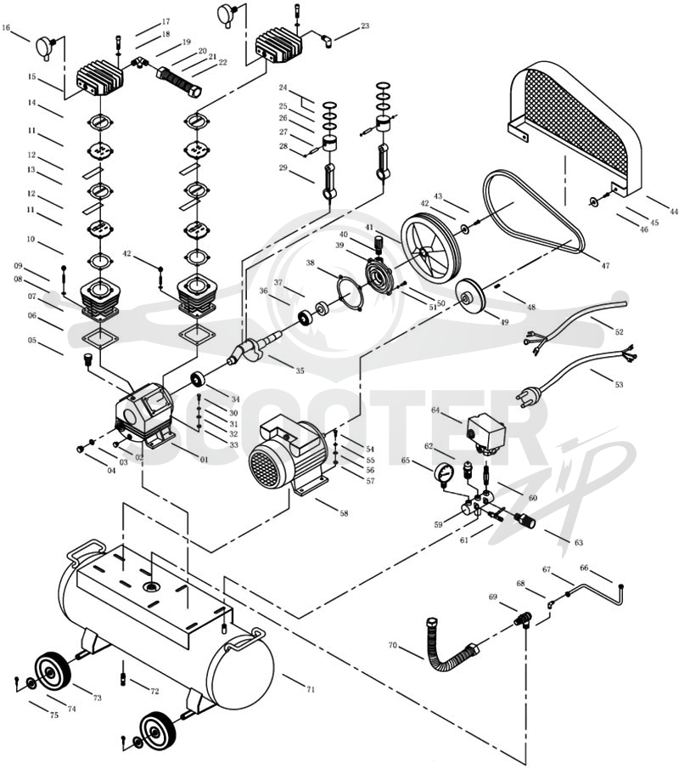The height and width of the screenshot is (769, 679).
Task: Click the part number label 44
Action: [674, 212]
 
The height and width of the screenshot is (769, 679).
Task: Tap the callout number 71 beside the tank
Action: [310, 689]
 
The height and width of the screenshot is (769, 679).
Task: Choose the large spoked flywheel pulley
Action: [431, 250]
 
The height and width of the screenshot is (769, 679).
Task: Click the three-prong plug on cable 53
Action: [525, 393]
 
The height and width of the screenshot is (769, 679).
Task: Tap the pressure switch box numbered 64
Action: [485, 432]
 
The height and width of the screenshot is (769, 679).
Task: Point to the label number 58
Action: [344, 513]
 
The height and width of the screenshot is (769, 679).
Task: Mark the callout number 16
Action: [6, 28]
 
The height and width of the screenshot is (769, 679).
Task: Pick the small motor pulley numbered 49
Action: [469, 295]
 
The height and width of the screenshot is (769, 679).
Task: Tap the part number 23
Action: [365, 25]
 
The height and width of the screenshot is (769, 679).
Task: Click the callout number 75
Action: [53, 715]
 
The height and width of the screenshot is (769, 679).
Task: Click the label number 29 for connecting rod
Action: [283, 167]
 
